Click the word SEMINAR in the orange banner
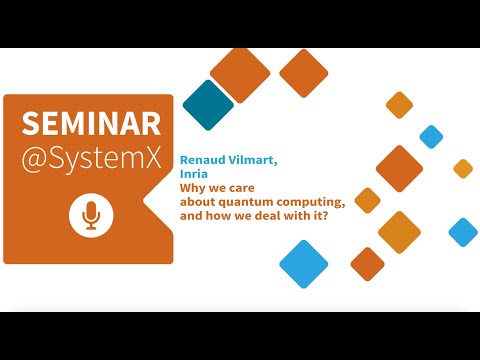[x=91, y=122]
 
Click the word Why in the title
[x=192, y=188]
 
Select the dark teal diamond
[x=208, y=104]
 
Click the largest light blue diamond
[x=304, y=264]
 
